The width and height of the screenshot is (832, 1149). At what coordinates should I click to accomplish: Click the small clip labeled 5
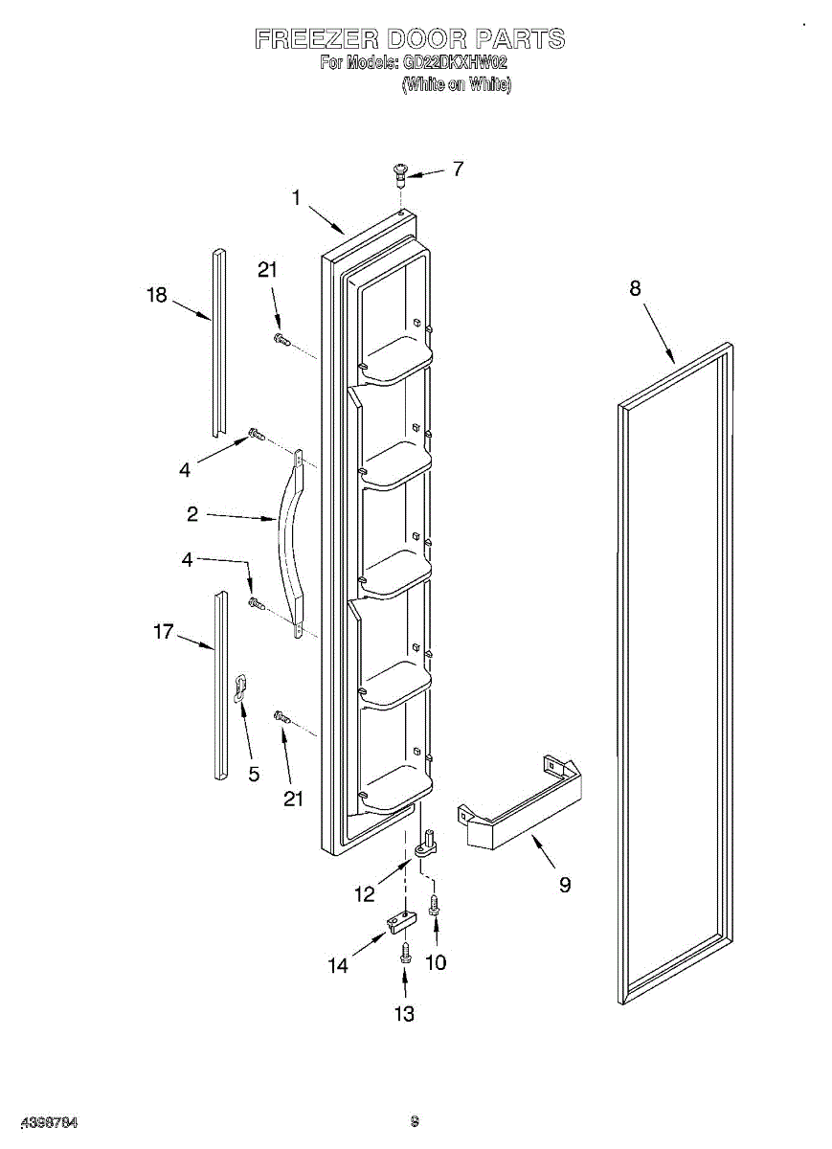[242, 687]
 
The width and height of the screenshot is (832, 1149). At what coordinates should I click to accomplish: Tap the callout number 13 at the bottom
[405, 1014]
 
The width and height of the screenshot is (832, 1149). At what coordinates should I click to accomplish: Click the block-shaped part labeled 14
[401, 921]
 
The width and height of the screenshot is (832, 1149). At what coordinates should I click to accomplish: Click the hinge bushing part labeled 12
[428, 843]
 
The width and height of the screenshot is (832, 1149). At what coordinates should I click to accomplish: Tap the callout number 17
[164, 631]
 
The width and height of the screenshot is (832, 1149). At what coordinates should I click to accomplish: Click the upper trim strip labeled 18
[218, 345]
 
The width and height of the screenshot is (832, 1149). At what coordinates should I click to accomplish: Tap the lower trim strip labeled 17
[221, 685]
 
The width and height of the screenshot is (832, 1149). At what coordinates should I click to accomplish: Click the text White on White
[456, 84]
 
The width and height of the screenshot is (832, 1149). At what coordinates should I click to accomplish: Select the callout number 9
[565, 885]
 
